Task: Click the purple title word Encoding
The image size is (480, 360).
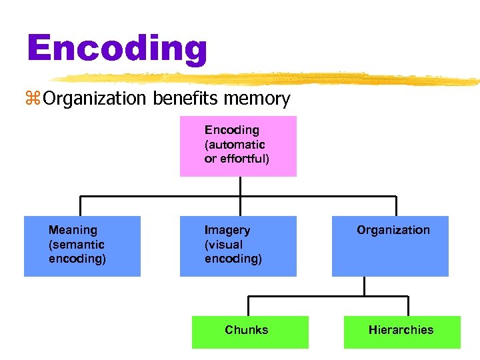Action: coord(117,48)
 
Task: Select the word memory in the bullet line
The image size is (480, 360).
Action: coord(257,100)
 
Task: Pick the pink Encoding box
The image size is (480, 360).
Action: coord(238,146)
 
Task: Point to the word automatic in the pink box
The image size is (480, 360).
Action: coord(235,144)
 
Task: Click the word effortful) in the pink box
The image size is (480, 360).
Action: coord(245,159)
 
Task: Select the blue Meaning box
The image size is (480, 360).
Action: coord(82,246)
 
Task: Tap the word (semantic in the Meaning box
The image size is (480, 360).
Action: coord(77,244)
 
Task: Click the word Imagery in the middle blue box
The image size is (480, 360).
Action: coord(227,230)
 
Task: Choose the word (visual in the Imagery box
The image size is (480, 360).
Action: coord(224,244)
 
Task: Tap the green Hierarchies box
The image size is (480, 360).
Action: coord(402,332)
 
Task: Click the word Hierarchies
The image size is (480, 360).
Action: coord(401,329)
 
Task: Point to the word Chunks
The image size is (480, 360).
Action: coord(247,329)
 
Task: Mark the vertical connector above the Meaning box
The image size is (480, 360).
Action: coord(81,206)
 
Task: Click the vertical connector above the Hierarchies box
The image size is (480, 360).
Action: coord(407,305)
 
